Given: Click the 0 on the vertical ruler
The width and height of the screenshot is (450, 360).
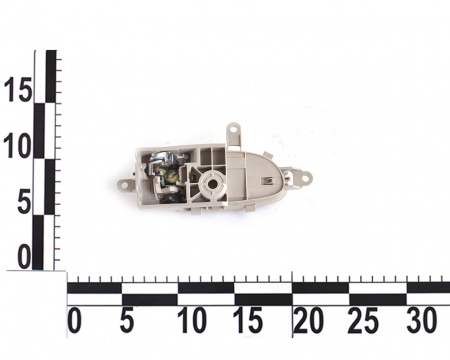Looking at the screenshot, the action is click(x=24, y=257).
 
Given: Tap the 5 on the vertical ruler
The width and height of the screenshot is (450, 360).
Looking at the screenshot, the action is click(x=24, y=202).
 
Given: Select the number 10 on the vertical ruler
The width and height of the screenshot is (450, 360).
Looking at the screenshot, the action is click(x=17, y=146).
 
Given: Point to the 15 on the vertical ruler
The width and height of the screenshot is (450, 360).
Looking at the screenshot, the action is click(x=18, y=89).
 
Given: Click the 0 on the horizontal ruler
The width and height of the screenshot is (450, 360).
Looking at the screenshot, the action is click(x=74, y=321).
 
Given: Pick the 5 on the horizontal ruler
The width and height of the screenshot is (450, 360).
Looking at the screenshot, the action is click(x=127, y=321).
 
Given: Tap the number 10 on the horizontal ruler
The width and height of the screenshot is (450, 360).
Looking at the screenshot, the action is click(x=192, y=321).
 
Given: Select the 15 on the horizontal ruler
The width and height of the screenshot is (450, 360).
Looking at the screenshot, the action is click(x=248, y=321).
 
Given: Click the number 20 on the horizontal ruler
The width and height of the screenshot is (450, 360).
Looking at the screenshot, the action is click(x=309, y=321).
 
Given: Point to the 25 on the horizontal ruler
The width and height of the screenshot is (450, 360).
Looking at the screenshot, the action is click(x=363, y=321).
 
